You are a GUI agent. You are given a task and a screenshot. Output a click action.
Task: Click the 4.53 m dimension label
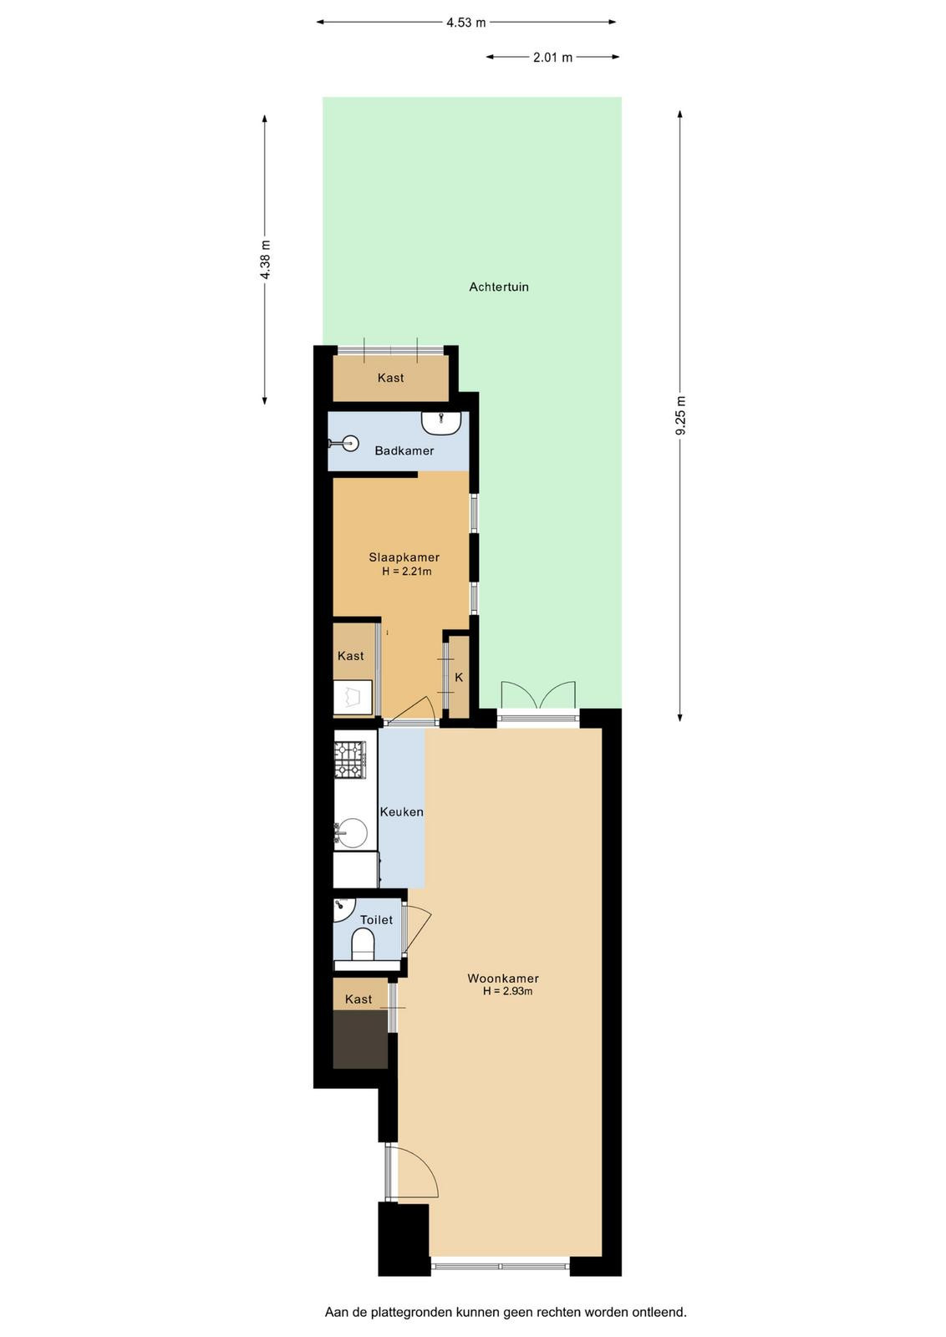pyautogui.click(x=466, y=23)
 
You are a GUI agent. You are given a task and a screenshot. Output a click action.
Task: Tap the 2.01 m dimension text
pyautogui.click(x=552, y=58)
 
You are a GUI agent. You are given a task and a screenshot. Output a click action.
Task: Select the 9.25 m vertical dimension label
pyautogui.click(x=680, y=416)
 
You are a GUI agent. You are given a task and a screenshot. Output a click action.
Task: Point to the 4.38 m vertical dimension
pyautogui.click(x=265, y=259)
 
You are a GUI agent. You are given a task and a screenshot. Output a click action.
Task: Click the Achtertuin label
pyautogui.click(x=499, y=287)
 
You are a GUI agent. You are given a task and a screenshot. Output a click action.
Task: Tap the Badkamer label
pyautogui.click(x=404, y=450)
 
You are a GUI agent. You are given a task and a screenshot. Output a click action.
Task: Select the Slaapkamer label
pyautogui.click(x=404, y=557)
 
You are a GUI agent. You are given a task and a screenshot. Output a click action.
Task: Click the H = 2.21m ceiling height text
pyautogui.click(x=407, y=572)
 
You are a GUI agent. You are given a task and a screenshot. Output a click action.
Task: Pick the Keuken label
pyautogui.click(x=402, y=811)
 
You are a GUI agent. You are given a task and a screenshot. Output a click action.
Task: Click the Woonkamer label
pyautogui.click(x=503, y=979)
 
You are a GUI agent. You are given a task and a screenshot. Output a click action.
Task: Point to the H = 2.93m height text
pyautogui.click(x=508, y=991)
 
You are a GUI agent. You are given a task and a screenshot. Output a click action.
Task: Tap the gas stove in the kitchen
pyautogui.click(x=350, y=760)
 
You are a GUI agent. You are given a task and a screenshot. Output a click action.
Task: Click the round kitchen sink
pyautogui.click(x=352, y=833)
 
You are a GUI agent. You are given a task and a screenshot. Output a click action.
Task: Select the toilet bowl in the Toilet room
pyautogui.click(x=363, y=947)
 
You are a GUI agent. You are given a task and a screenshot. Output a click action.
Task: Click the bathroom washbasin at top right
pyautogui.click(x=441, y=423)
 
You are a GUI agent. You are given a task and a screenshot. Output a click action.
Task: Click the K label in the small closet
pyautogui.click(x=459, y=678)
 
